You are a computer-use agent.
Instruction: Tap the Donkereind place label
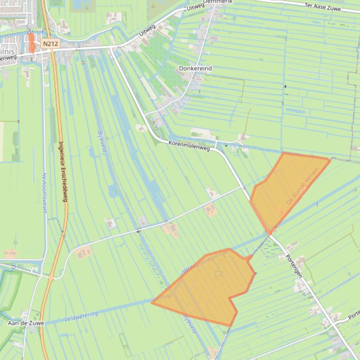click(195, 68)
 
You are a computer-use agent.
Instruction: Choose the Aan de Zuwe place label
click(26, 323)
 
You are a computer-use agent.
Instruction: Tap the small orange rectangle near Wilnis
click(31, 43)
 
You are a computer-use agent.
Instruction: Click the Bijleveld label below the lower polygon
click(189, 323)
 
